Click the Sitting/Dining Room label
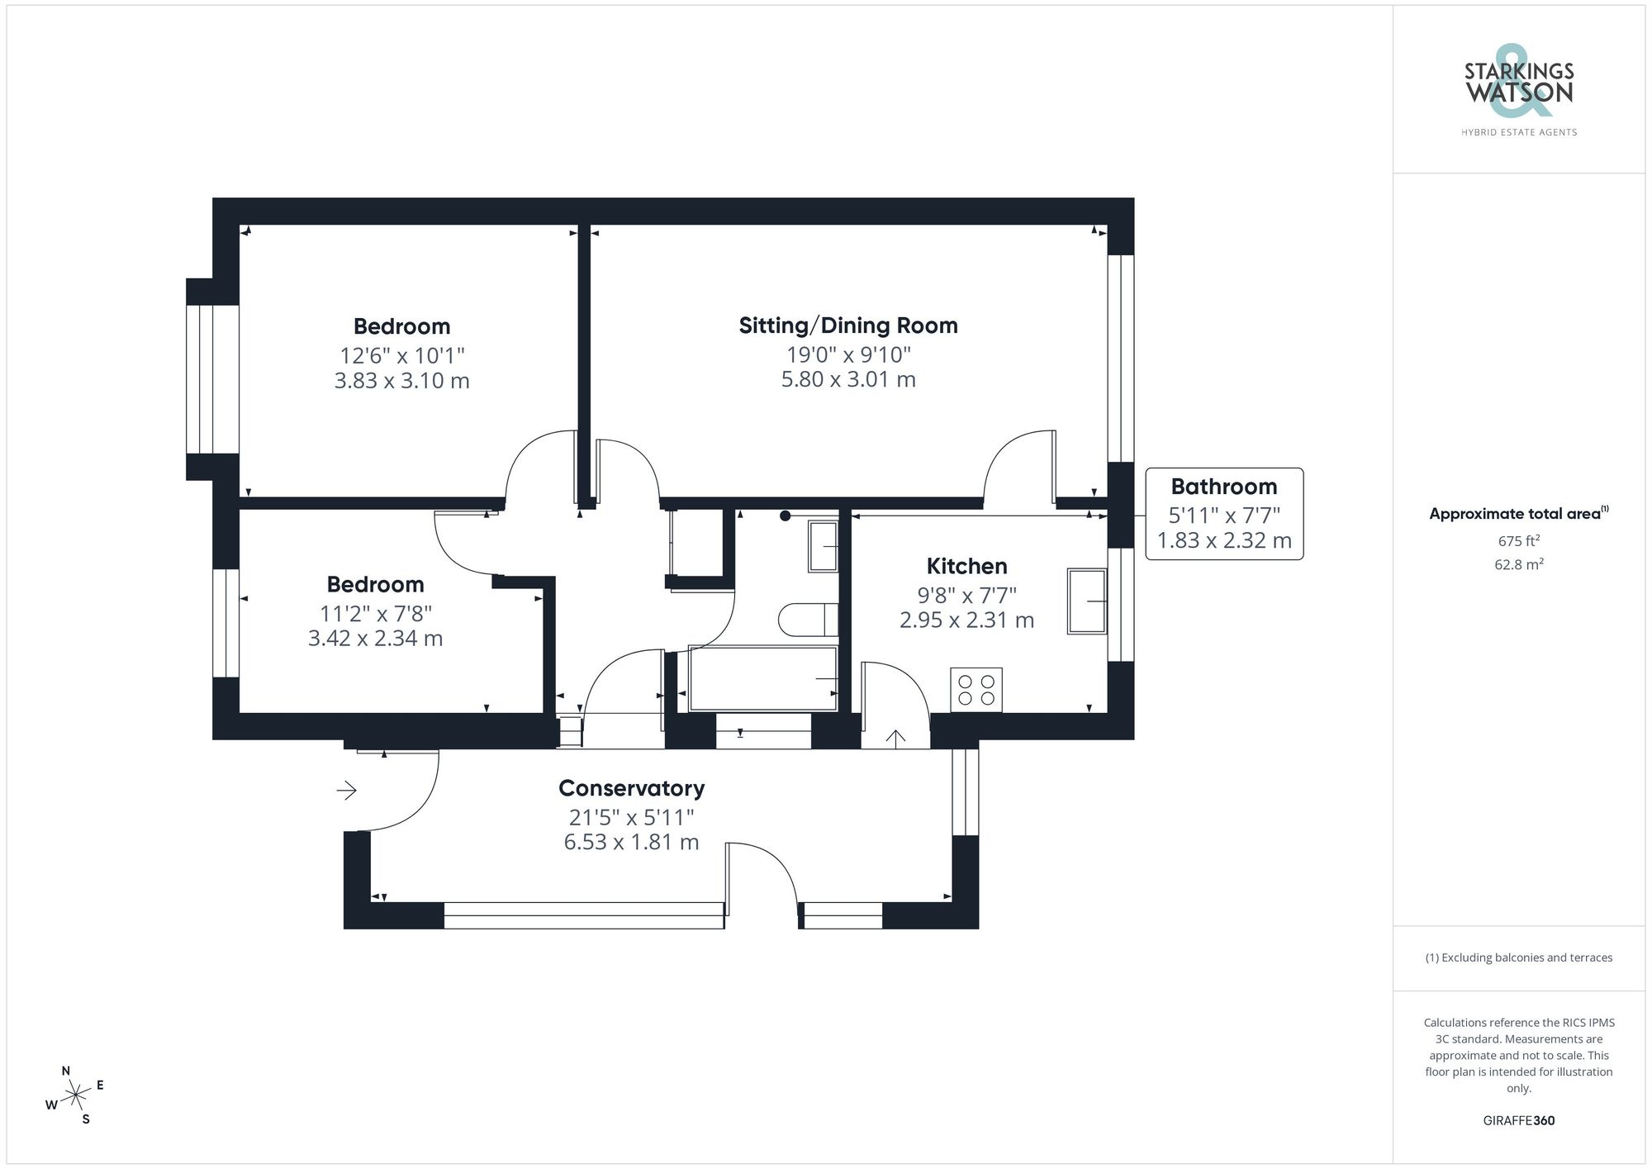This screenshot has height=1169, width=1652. point(848,326)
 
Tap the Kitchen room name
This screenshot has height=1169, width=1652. point(966,567)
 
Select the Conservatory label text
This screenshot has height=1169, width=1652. point(631,788)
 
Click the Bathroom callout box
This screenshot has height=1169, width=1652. point(1223,514)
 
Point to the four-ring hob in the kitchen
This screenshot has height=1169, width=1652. point(976,690)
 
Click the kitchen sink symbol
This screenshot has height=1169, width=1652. point(1086,601)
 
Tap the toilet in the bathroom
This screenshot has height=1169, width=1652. point(808,620)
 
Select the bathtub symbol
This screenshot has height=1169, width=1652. point(763,679)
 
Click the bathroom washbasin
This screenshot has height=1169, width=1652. point(823,546)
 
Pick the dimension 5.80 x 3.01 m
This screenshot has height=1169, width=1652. point(848,380)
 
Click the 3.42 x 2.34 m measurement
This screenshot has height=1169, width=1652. point(375,639)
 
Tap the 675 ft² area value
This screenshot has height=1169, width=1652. point(1518,541)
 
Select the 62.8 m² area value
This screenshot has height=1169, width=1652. point(1518,565)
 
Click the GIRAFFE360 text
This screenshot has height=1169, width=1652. point(1518,1121)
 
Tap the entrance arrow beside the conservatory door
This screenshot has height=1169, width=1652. point(346,791)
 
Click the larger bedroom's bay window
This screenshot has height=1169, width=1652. point(212,379)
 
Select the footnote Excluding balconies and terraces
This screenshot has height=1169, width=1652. point(1518,958)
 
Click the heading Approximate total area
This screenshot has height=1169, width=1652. point(1517,514)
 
